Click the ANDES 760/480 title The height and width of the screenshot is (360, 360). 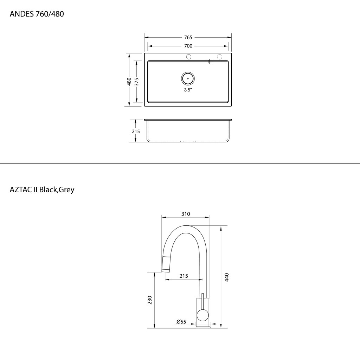37,14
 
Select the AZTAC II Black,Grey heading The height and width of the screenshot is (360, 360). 42,189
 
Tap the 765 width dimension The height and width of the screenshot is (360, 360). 188,37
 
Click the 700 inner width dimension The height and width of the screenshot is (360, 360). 188,46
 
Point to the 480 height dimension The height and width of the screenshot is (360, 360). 129,82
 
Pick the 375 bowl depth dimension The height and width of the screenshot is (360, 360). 137,82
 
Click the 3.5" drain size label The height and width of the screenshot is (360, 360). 188,90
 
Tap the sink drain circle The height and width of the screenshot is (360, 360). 188,78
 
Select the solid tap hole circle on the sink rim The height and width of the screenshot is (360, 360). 189,57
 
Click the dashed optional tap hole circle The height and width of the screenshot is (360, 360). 220,57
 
